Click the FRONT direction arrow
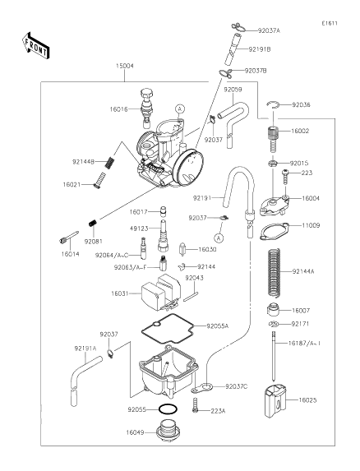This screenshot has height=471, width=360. [35, 46]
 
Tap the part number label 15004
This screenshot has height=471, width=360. [125, 66]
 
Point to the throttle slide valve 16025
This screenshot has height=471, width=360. [275, 402]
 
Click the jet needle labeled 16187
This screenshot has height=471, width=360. [274, 356]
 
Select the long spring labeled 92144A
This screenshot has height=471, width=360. [275, 271]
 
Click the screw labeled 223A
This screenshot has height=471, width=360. [196, 405]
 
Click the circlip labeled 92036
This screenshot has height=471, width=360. [273, 104]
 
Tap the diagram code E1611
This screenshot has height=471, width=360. [330, 23]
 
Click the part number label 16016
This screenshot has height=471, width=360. [118, 109]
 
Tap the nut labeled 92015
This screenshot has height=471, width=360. [273, 164]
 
